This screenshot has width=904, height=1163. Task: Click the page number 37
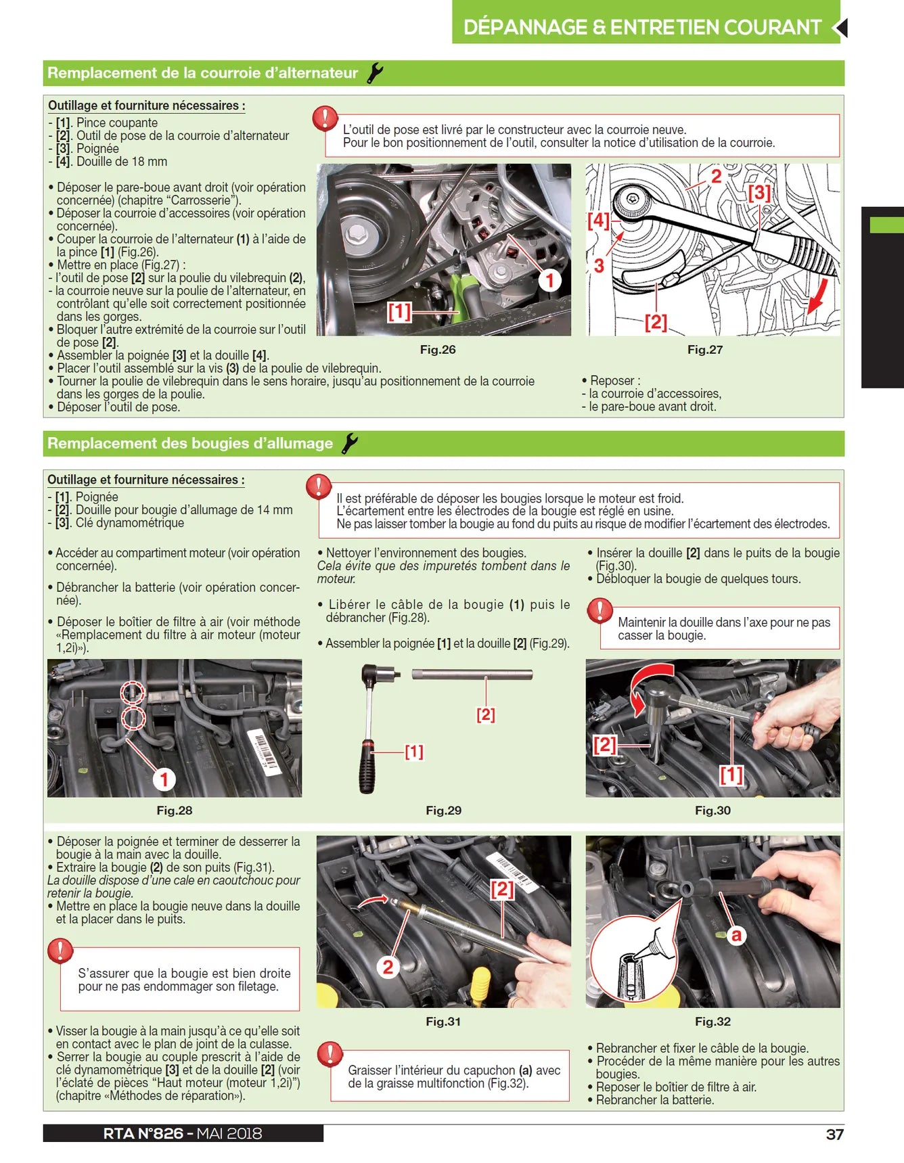click(x=834, y=1134)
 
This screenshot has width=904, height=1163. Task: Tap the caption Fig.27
click(x=704, y=350)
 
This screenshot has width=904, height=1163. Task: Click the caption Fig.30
click(x=713, y=811)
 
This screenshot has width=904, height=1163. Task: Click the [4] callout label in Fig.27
click(x=598, y=220)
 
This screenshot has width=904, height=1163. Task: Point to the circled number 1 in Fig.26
click(x=549, y=280)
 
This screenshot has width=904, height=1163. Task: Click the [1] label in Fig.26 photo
click(x=399, y=311)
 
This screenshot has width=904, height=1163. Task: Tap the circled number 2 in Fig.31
click(x=388, y=967)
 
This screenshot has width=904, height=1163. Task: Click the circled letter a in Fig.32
click(x=736, y=935)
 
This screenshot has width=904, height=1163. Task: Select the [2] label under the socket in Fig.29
click(x=485, y=714)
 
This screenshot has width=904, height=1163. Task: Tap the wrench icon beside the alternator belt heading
click(x=374, y=73)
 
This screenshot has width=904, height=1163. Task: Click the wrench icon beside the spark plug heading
click(x=349, y=444)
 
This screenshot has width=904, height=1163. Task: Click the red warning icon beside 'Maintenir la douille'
click(x=600, y=610)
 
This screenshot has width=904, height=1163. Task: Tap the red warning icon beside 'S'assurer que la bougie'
click(x=60, y=951)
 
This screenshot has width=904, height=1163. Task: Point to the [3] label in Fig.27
click(x=759, y=193)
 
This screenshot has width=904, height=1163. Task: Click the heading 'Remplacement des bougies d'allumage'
click(x=190, y=444)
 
